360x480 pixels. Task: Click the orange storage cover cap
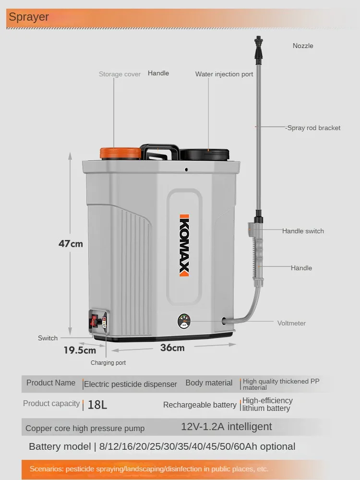click(120, 153)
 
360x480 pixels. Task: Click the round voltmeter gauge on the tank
click(184, 320)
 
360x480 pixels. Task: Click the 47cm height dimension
click(71, 243)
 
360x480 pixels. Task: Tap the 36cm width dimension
click(172, 348)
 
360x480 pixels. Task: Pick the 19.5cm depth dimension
click(80, 350)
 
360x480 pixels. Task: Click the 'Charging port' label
click(108, 363)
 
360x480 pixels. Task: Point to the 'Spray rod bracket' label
click(313, 128)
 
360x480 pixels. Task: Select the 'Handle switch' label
click(303, 231)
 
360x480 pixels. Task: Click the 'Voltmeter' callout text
click(291, 323)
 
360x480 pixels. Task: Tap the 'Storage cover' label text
click(120, 74)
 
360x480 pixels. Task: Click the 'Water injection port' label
click(224, 74)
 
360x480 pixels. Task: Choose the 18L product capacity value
click(97, 405)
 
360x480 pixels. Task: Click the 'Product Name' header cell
click(51, 383)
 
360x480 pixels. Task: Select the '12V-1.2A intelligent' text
click(226, 427)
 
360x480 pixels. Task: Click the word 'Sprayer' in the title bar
click(29, 17)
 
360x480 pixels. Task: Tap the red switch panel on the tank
click(95, 321)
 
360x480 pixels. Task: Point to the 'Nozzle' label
click(303, 46)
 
